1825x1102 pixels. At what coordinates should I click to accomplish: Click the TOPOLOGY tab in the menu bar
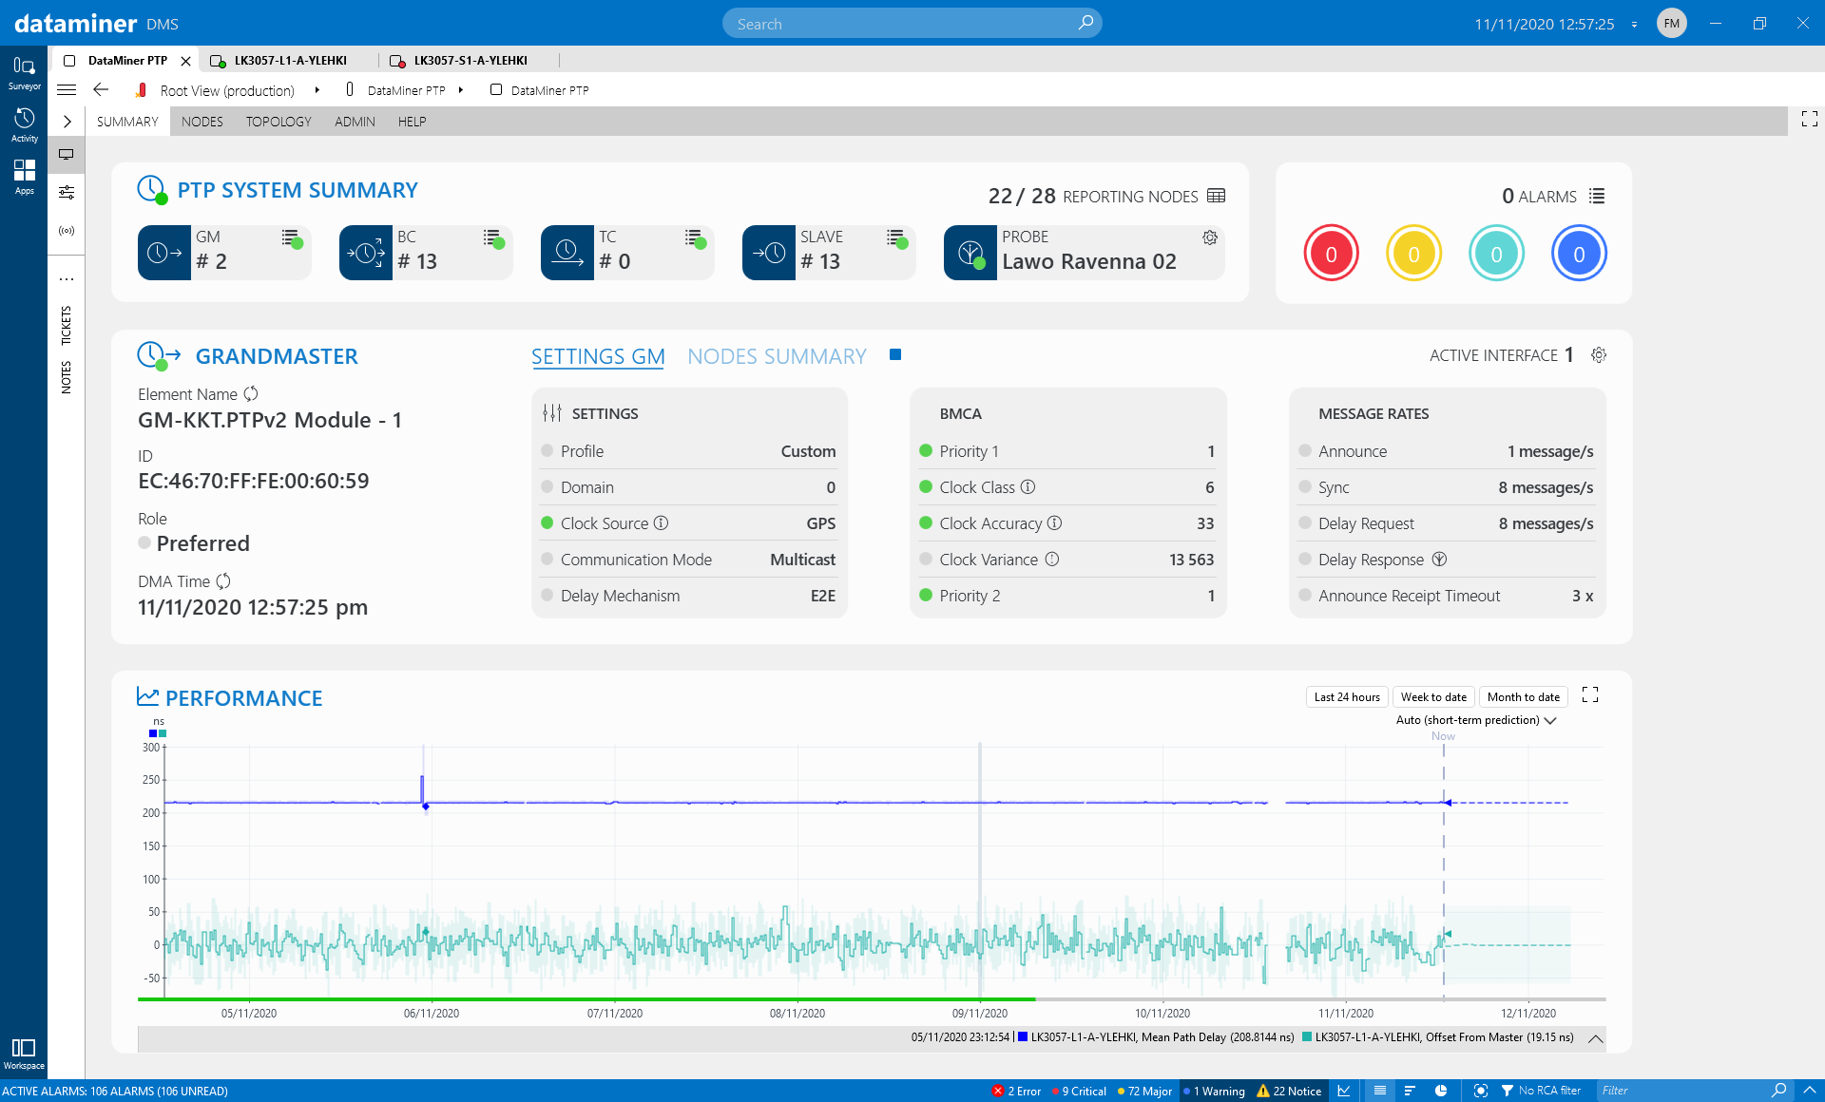278,122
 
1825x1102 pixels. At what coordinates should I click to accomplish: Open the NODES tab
202,122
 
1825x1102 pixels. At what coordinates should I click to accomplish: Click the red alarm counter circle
1331,254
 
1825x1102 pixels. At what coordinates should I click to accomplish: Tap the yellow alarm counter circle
1413,254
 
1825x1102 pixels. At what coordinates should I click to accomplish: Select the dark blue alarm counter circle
1579,254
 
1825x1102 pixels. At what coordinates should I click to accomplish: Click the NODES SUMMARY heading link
777,356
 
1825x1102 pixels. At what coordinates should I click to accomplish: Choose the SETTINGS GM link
597,356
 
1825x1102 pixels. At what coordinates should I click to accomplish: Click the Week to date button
1433,697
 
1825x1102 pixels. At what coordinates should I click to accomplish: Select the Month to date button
1523,697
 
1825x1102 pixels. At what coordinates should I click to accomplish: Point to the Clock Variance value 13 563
1191,560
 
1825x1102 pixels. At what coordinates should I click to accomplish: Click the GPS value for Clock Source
820,523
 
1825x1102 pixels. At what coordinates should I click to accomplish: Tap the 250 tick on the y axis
151,780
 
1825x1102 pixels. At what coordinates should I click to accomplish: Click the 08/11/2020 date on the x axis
797,1014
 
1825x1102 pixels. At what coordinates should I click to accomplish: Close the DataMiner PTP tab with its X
186,61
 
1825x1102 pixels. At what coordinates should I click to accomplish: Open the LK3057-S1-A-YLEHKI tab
470,61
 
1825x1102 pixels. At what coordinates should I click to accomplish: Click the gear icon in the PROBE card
1210,237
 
